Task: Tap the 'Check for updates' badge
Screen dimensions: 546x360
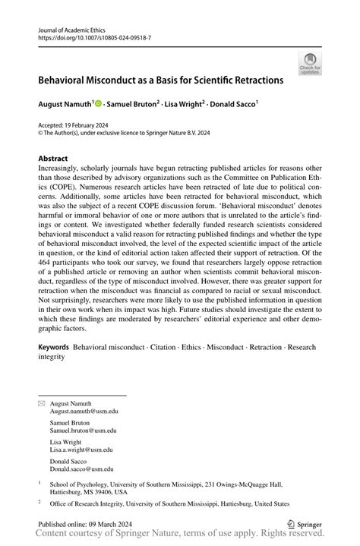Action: pos(308,65)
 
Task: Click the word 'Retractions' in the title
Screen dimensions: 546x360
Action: pos(254,79)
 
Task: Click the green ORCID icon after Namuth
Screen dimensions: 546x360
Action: pos(99,103)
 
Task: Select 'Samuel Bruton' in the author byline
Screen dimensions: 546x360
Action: pos(131,103)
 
